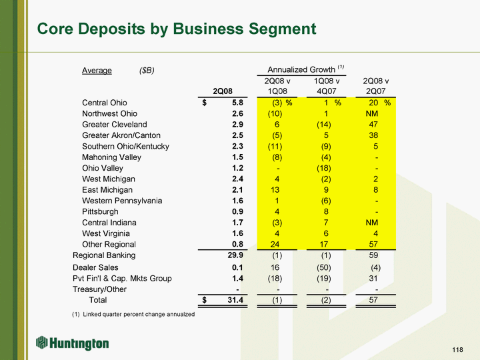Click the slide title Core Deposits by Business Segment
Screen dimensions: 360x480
177,29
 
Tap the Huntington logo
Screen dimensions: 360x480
73,343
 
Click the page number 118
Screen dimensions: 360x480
457,351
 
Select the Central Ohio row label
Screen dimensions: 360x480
105,103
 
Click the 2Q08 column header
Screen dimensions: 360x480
223,91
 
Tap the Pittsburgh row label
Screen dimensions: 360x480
101,211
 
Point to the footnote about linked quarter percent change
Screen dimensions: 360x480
133,314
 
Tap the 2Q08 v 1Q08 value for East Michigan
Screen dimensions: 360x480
277,190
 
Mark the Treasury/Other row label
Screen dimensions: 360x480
99,289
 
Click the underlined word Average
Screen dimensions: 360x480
97,70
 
